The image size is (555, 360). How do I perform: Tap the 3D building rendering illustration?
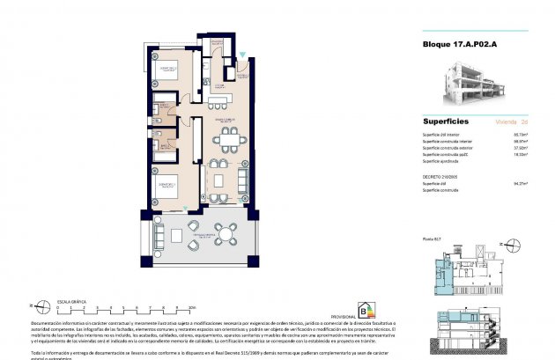479,82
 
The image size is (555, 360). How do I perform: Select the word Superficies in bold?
446,121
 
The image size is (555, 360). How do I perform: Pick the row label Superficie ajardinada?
443,161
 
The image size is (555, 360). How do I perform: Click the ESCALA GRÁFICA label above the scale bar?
71,301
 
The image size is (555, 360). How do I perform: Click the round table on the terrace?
226,234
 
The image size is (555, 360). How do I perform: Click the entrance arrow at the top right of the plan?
244,55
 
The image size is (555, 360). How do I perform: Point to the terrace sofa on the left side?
159,234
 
